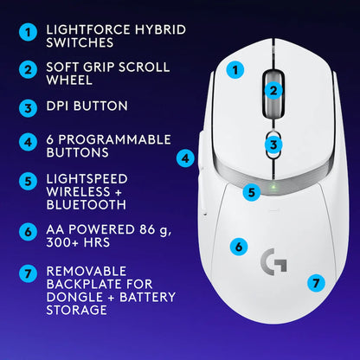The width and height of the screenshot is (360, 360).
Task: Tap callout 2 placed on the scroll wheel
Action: (x=272, y=89)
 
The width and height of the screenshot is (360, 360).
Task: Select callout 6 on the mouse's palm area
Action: (x=239, y=247)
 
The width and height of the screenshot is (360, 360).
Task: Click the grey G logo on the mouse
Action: (x=273, y=261)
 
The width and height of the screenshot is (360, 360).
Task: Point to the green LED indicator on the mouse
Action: (x=273, y=185)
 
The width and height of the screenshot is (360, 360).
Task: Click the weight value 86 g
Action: (x=150, y=231)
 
